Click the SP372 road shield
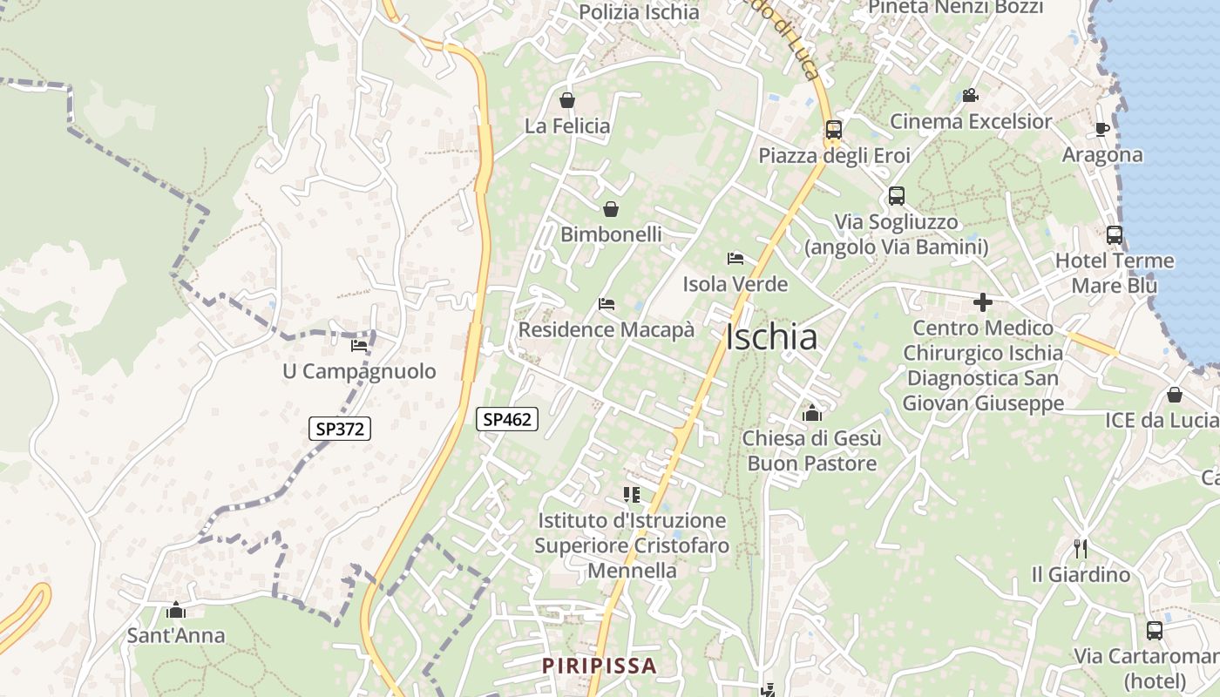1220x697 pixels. pos(340,429)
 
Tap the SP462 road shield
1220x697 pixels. pos(507,419)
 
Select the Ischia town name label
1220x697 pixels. pos(771,337)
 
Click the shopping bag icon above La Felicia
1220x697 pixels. pos(567,100)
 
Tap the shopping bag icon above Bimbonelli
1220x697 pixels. pos(611,209)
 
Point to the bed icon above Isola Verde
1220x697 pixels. pos(735,258)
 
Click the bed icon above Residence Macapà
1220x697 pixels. pos(607,304)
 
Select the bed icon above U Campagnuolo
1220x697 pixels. pos(359,346)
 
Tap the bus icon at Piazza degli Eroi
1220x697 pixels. pos(834,130)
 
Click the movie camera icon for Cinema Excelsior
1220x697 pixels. pos(970,95)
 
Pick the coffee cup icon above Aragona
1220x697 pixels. pos(1102,129)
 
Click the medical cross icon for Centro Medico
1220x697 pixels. pos(983,302)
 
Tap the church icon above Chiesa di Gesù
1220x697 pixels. pos(812,412)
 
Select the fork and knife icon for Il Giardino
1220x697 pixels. pos(1081,549)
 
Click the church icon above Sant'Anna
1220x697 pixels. pos(176,610)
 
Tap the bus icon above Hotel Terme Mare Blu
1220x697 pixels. pos(1115,234)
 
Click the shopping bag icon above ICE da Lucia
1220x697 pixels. pos(1175,395)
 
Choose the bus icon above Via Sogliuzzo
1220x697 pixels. pos(897,196)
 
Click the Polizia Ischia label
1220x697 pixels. pos(639,12)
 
